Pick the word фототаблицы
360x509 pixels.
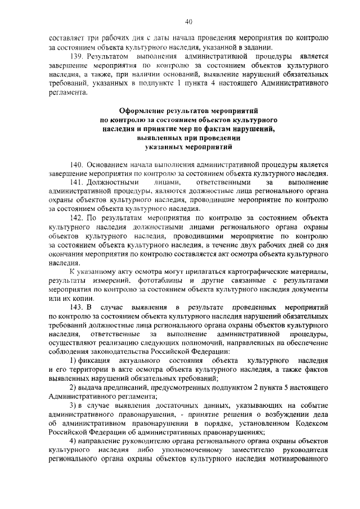point(168,281)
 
